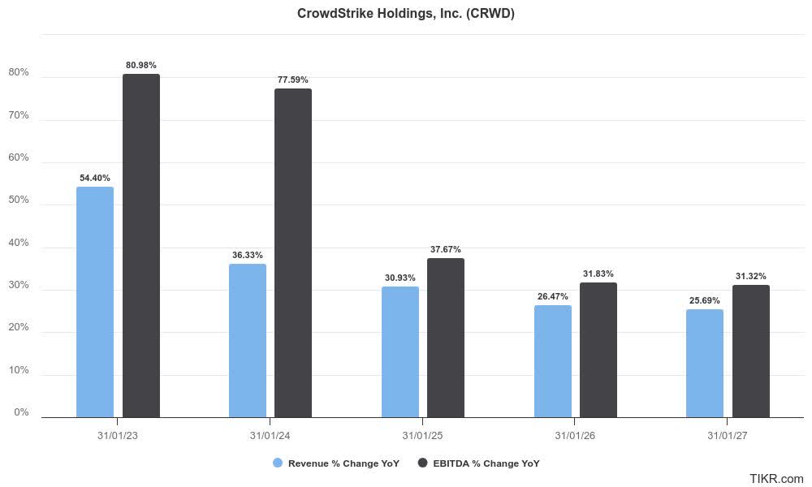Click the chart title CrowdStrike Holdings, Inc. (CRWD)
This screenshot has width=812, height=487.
(x=406, y=14)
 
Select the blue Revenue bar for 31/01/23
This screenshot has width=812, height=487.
(x=95, y=302)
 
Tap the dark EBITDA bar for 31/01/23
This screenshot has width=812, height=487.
(x=141, y=246)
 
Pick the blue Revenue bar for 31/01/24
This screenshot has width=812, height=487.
(x=247, y=341)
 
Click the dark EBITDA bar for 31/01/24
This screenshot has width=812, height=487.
(x=293, y=253)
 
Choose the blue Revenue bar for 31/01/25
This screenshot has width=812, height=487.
(x=400, y=352)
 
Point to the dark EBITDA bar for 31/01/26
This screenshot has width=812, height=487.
(x=598, y=350)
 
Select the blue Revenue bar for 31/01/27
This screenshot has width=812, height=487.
(x=705, y=364)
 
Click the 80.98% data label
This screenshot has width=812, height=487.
(x=141, y=65)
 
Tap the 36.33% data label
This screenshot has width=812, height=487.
(x=247, y=255)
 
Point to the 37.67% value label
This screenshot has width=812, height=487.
(x=446, y=249)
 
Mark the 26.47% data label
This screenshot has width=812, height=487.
(x=553, y=296)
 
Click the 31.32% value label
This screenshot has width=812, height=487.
(x=751, y=276)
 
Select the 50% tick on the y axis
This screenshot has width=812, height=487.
(x=19, y=200)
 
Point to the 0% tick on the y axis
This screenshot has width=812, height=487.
(x=21, y=412)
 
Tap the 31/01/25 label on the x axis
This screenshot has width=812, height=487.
(x=422, y=436)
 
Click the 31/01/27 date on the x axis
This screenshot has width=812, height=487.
(x=728, y=436)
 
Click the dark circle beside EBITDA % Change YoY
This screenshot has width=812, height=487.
(x=422, y=463)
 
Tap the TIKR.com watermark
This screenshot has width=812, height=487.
(x=776, y=479)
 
